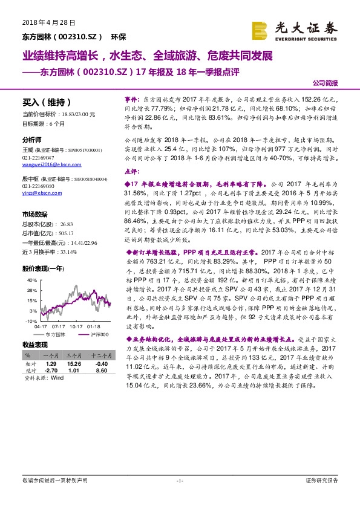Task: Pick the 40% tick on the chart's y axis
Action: (32, 280)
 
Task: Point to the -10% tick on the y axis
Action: (31, 322)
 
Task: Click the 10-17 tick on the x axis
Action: (76, 326)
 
